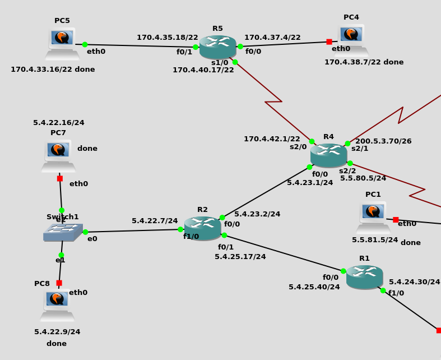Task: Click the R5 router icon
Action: (x=217, y=47)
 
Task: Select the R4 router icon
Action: (x=328, y=155)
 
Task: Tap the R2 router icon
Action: (x=202, y=228)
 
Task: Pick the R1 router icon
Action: (x=364, y=277)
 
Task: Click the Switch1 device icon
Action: (x=63, y=232)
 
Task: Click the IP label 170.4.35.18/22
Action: (x=168, y=38)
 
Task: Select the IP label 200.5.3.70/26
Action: (x=383, y=141)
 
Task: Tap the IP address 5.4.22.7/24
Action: (x=155, y=221)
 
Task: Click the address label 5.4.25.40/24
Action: (x=314, y=287)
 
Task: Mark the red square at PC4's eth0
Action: (x=329, y=41)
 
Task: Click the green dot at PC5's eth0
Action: (x=85, y=44)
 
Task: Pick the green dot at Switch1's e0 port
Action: (x=85, y=232)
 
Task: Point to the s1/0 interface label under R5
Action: (x=220, y=63)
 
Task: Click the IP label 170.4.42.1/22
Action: (x=272, y=139)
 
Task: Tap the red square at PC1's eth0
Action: (x=396, y=220)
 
